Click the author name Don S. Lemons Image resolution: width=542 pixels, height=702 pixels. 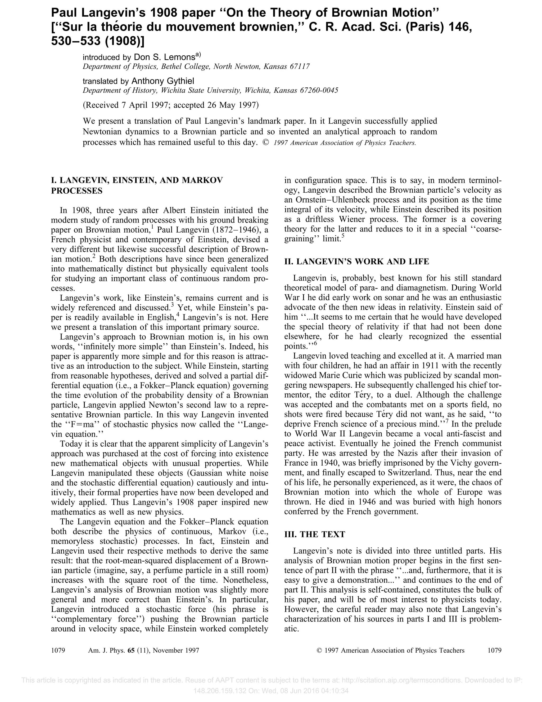tap(164, 57)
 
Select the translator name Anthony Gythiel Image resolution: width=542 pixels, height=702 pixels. tap(163, 81)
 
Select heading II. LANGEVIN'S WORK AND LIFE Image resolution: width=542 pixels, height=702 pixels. tap(356, 261)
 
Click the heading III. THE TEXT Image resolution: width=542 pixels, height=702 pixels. tap(314, 535)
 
